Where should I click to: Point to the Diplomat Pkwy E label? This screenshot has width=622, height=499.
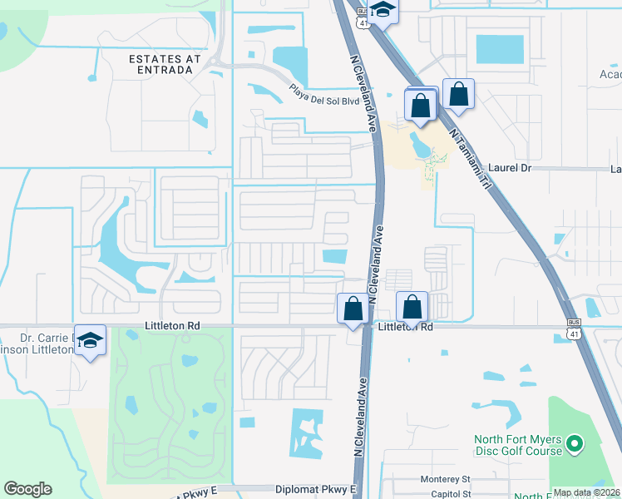322,489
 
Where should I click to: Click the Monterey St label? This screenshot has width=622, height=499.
445,480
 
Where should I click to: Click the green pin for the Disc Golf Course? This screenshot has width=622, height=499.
574,446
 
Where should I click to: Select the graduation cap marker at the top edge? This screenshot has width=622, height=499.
383,10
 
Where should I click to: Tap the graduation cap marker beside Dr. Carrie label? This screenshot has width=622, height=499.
91,341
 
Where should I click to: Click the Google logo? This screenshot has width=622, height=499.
27,489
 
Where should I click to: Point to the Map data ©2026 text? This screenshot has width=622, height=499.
586,492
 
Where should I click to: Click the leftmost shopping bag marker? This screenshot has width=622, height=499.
353,309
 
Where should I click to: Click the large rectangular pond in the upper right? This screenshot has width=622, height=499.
499,50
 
